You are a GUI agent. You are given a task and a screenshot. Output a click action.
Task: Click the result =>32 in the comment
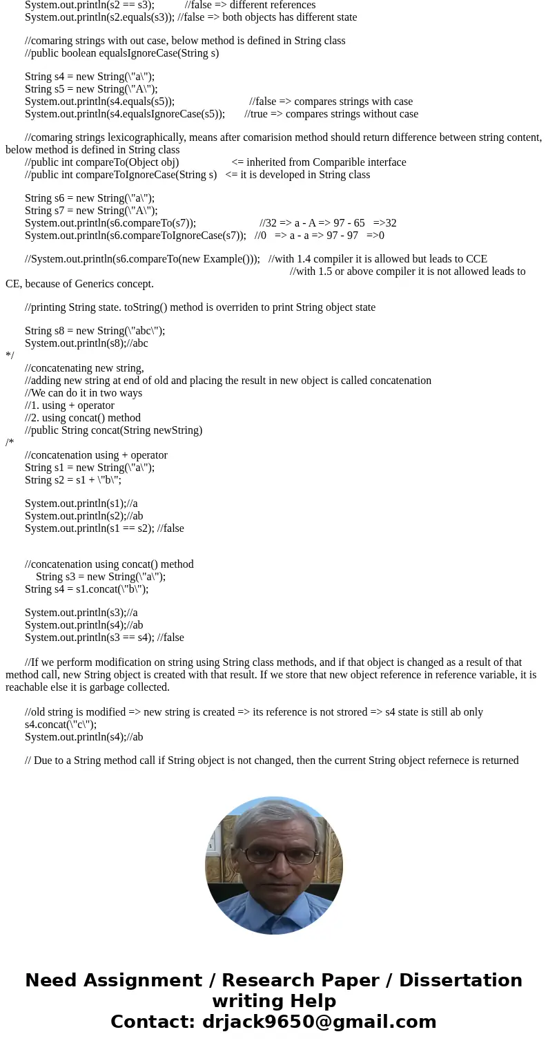point(384,223)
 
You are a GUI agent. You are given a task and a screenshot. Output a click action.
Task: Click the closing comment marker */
point(10,356)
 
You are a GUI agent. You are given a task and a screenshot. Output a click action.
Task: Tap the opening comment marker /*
point(10,443)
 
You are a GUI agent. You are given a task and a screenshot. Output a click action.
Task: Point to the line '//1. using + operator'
point(70,405)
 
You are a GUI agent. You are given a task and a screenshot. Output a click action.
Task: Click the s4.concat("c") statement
point(61,725)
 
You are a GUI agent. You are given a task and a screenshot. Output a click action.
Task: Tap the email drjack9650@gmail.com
point(319,1022)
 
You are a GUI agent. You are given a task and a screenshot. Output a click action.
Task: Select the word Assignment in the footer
point(144,980)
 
